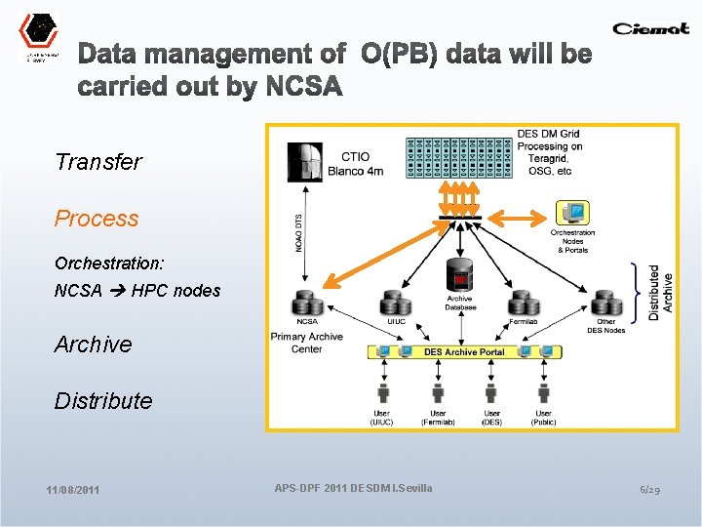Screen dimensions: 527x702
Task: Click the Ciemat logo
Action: point(652,28)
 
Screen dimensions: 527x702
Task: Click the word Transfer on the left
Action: point(98,162)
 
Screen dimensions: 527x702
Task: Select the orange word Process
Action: point(97,219)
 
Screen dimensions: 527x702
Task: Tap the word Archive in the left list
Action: point(94,345)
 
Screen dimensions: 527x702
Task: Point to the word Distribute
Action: point(103,401)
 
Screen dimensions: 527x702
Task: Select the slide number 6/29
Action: point(650,489)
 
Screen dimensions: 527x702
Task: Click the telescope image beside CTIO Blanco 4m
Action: point(306,162)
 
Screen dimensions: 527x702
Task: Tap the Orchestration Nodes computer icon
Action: point(572,213)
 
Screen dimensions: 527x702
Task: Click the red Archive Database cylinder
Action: point(458,277)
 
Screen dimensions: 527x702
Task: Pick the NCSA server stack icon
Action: point(307,303)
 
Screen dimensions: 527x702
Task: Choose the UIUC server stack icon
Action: point(395,303)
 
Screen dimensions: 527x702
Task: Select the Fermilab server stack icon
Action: point(524,303)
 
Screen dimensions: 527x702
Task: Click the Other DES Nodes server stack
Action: point(606,303)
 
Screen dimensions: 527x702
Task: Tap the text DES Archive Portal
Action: point(464,351)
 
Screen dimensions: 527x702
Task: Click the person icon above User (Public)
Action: point(544,392)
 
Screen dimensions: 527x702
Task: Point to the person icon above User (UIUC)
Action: point(381,392)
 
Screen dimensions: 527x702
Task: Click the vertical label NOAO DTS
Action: point(297,235)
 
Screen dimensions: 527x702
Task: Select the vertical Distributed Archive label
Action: point(660,292)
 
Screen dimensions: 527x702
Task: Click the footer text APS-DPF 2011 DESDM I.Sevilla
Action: point(354,487)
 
